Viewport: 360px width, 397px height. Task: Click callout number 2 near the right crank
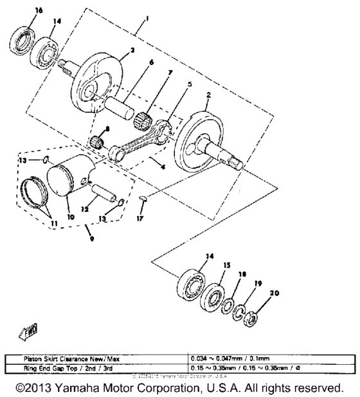pos(208,95)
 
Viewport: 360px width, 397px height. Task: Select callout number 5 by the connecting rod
pos(170,83)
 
